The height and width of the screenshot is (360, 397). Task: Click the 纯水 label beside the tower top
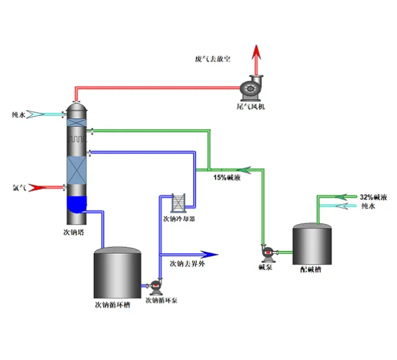pos(19,113)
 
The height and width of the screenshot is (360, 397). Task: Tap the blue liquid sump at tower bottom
pos(76,205)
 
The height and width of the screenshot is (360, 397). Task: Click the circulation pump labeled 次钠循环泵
pos(157,286)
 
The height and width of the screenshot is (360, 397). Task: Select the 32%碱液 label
pos(373,197)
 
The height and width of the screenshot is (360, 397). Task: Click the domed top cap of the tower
pos(76,109)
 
